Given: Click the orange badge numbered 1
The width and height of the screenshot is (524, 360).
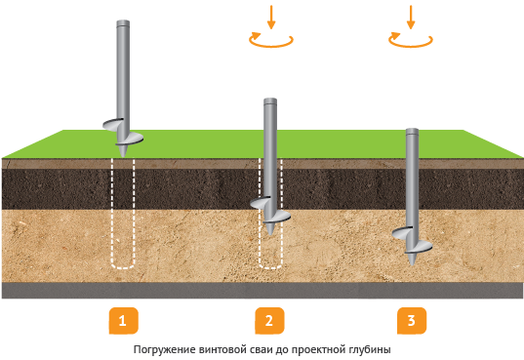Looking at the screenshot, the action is click(x=123, y=321).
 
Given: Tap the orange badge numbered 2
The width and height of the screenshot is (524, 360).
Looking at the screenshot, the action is click(x=269, y=321).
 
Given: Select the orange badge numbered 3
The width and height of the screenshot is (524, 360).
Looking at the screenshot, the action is click(x=412, y=321).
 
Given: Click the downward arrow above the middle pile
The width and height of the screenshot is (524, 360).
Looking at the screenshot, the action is click(x=271, y=17).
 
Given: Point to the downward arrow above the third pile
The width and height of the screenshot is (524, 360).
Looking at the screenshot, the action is click(x=411, y=17).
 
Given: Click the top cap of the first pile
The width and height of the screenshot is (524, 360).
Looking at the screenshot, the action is click(x=123, y=23).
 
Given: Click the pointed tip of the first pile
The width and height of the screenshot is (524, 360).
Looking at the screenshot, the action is click(x=123, y=156).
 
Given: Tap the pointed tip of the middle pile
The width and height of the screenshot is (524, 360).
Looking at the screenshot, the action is click(x=270, y=234).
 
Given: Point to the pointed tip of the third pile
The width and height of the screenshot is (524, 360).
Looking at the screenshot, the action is click(x=412, y=264).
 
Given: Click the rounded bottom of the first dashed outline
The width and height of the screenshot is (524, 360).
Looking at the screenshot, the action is click(x=123, y=267).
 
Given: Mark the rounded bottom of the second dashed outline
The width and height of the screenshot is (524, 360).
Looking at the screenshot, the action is click(x=270, y=267).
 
